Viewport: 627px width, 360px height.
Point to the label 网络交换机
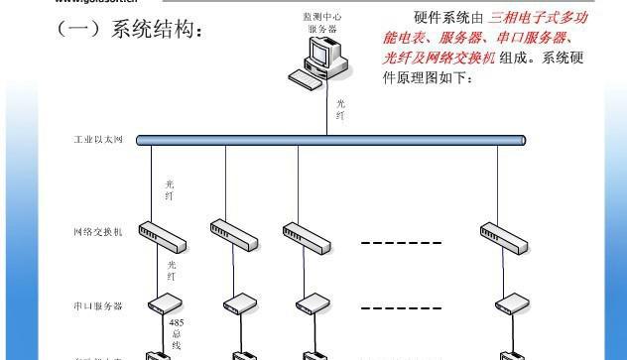click(98, 233)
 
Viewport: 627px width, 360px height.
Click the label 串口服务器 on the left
click(98, 306)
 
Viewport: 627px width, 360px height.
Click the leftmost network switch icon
click(162, 236)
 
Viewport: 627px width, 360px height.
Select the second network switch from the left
click(234, 236)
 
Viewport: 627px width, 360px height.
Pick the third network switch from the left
click(307, 236)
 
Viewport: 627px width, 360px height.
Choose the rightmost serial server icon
click(511, 301)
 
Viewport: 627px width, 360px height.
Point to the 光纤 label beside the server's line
click(341, 109)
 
